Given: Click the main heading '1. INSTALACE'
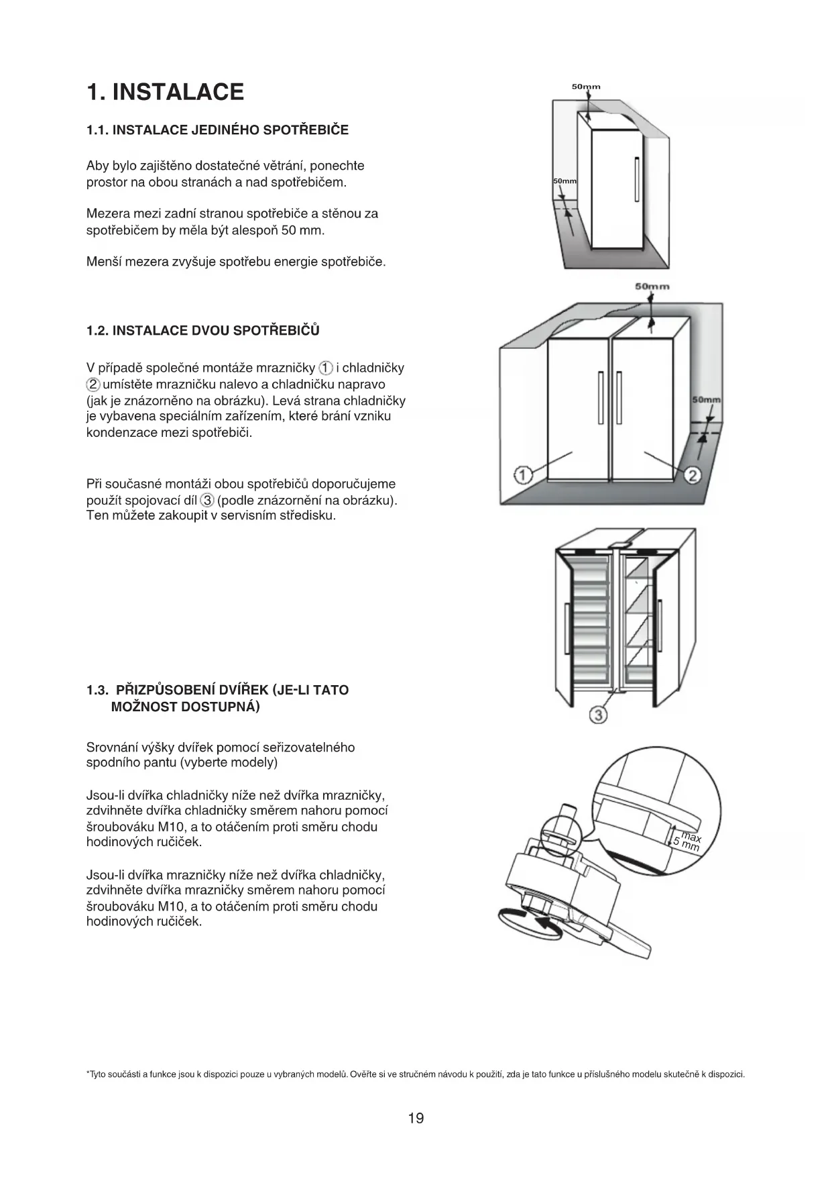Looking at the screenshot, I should coord(165,92).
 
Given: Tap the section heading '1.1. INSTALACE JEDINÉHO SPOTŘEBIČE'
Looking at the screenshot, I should coord(217,130).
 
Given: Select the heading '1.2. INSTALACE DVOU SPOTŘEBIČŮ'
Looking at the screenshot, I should coord(202,331).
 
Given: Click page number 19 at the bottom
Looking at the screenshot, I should coord(416,1118).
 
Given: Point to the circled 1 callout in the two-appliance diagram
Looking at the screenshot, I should coord(522,476).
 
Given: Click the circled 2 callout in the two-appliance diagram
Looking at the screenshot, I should coord(693,476).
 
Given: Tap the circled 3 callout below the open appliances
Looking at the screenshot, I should coord(598,715).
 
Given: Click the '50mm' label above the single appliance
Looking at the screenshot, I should coord(586,87).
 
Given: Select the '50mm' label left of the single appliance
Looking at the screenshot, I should coord(564,182).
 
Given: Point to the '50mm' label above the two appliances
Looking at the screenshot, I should coord(652,287).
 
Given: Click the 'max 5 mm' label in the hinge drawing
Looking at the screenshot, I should coord(688,841).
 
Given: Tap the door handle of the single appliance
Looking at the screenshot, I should coord(637,178).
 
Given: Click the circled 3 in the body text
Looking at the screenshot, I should coord(208,500).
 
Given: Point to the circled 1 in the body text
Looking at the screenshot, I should coord(325,368).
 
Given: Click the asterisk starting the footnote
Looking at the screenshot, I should coord(88,1074).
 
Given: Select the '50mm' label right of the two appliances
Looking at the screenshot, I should coord(706,400).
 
